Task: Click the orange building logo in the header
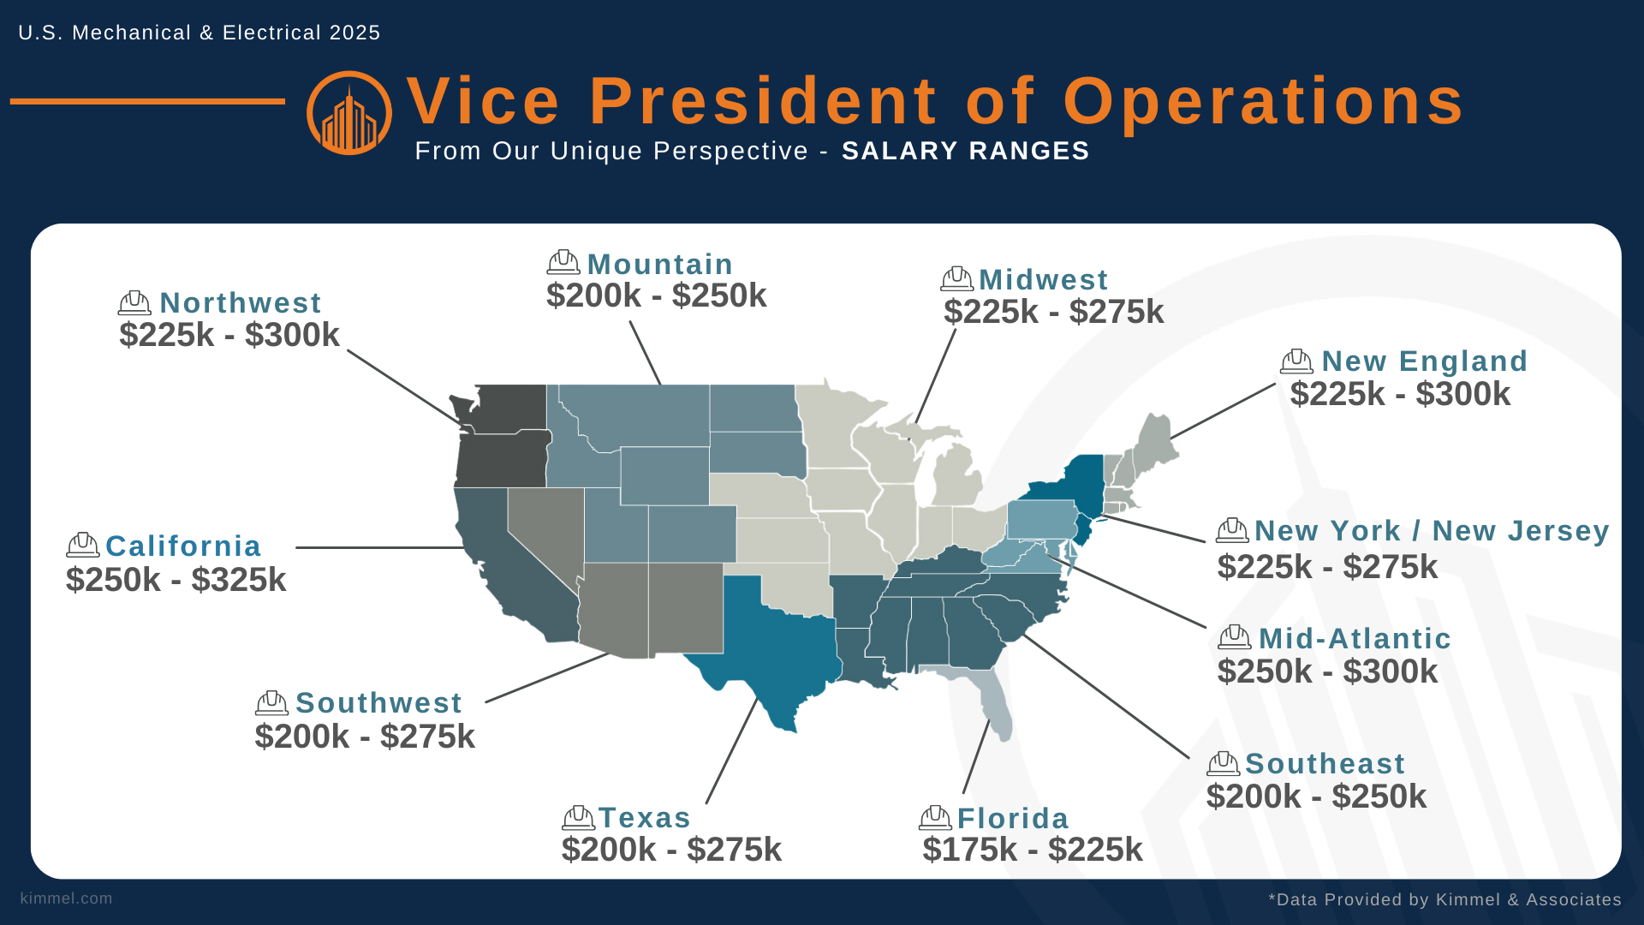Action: (x=349, y=113)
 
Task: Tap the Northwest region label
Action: (x=240, y=303)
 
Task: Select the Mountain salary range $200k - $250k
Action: (x=656, y=296)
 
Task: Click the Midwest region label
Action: (x=1043, y=280)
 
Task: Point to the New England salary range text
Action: (x=1400, y=394)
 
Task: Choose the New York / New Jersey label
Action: (x=1432, y=531)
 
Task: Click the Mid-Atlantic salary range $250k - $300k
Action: (x=1327, y=671)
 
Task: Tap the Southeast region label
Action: (x=1325, y=764)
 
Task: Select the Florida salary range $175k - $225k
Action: (x=1032, y=850)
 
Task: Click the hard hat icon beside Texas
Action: (x=578, y=818)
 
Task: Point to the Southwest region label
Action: (x=378, y=703)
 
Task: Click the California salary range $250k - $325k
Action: (x=176, y=581)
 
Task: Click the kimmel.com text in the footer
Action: (x=66, y=898)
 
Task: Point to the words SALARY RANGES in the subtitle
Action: (x=965, y=152)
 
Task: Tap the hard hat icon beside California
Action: (x=82, y=546)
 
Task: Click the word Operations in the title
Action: (x=1263, y=102)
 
